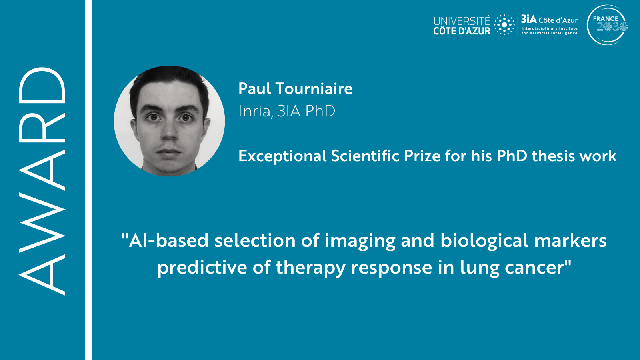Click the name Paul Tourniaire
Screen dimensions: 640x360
(296, 88)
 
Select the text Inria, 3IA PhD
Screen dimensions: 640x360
(286, 111)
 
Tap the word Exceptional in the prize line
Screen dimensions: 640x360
(282, 156)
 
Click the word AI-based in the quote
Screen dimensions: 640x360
(165, 240)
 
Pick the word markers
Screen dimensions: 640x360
(570, 240)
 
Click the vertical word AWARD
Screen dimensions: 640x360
(42, 181)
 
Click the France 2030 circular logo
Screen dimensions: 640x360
(608, 25)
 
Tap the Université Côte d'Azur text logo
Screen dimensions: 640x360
(462, 26)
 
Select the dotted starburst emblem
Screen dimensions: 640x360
(504, 25)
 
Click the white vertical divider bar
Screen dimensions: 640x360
(88, 180)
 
